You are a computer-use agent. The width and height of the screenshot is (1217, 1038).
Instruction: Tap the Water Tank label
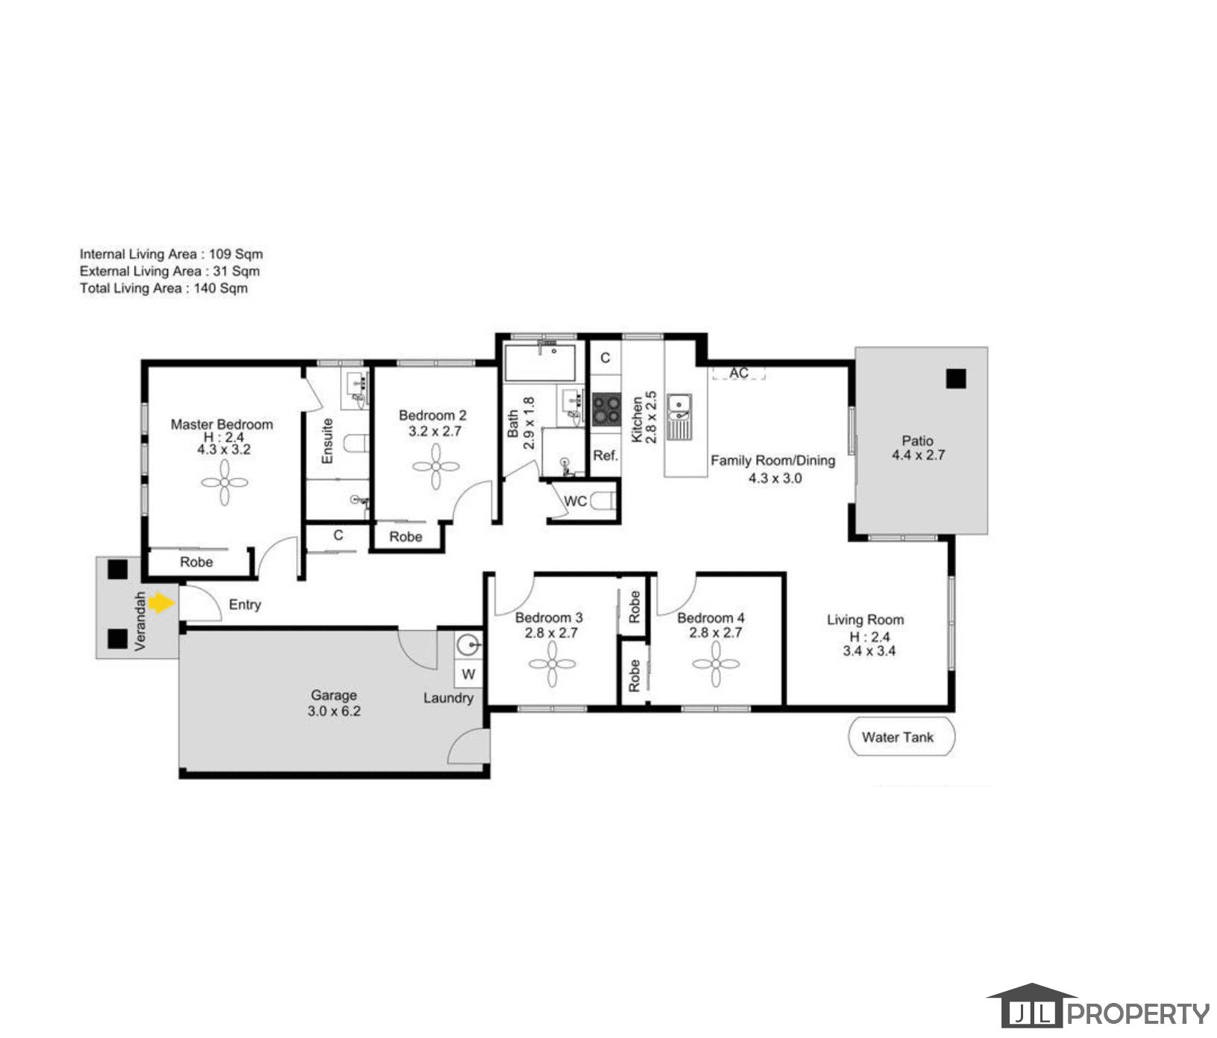897,737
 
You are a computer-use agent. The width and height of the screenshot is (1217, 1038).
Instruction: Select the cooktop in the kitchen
606,410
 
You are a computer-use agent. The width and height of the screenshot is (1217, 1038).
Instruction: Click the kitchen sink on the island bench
679,417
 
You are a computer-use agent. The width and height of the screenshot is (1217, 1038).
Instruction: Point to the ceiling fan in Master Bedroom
224,482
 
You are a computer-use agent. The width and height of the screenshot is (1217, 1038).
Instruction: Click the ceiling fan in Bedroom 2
436,467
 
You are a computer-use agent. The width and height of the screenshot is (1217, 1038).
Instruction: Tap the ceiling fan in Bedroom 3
552,664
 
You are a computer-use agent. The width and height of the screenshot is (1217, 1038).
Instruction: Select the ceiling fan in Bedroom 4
716,664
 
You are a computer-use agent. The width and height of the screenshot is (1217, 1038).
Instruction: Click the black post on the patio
955,379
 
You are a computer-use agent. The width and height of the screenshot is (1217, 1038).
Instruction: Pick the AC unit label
738,372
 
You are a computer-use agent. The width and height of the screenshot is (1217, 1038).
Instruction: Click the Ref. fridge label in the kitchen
606,455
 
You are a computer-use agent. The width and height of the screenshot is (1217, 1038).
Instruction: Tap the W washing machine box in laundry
468,675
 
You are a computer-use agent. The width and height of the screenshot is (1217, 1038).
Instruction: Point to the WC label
575,501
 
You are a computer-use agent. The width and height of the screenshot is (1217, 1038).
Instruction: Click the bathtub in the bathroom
540,363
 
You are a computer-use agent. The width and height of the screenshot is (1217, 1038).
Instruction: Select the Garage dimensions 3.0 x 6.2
333,711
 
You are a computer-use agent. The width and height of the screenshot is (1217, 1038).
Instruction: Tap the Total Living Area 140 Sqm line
164,289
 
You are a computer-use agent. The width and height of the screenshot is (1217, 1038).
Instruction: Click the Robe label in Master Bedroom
196,562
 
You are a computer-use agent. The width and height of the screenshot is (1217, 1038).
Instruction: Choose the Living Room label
865,620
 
